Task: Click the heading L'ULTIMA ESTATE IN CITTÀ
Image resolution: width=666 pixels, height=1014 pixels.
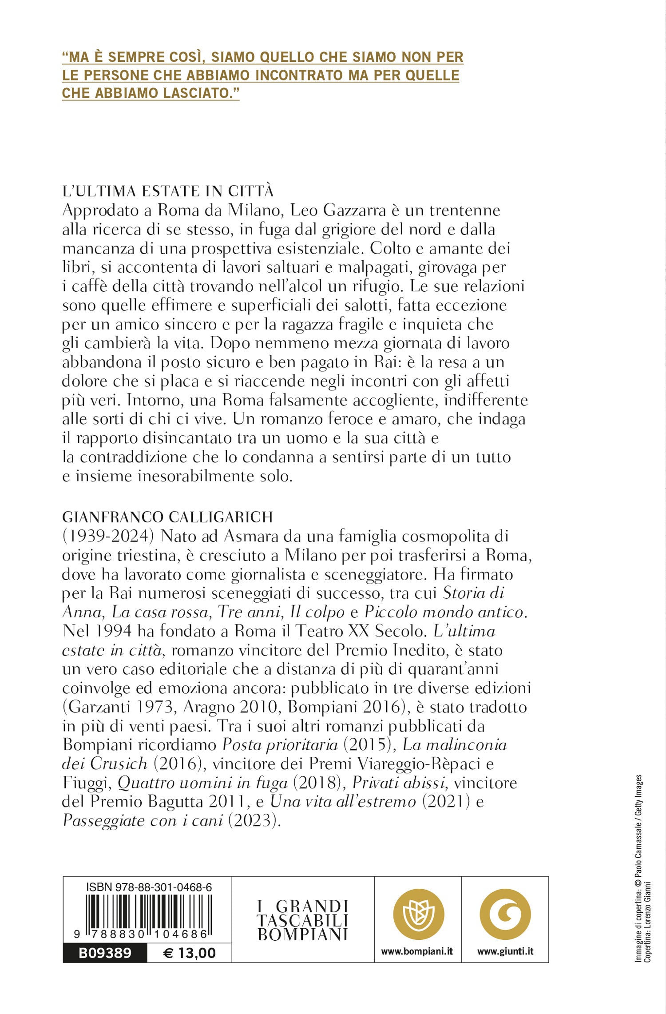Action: pyautogui.click(x=168, y=191)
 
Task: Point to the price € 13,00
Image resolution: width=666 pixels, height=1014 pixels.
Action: pyautogui.click(x=189, y=953)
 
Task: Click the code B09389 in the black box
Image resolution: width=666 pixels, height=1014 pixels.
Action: pyautogui.click(x=105, y=953)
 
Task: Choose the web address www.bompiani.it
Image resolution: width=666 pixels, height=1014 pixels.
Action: pyautogui.click(x=417, y=951)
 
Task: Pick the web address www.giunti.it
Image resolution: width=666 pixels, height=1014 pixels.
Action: pyautogui.click(x=505, y=951)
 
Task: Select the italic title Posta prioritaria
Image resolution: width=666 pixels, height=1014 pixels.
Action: pyautogui.click(x=280, y=745)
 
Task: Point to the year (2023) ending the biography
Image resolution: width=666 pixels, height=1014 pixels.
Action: pyautogui.click(x=254, y=820)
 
